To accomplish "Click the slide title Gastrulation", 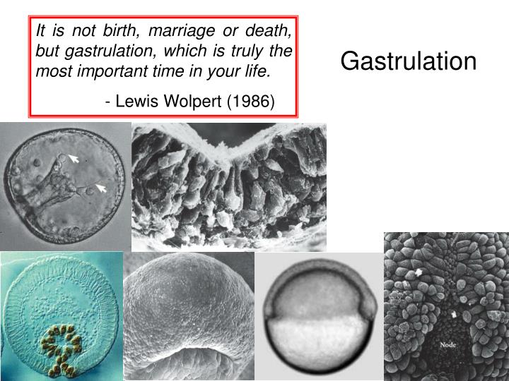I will click(409, 61).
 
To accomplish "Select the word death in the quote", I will click(272, 31).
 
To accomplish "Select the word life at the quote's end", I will click(259, 72).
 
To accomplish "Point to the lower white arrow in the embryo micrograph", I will click(101, 188).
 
